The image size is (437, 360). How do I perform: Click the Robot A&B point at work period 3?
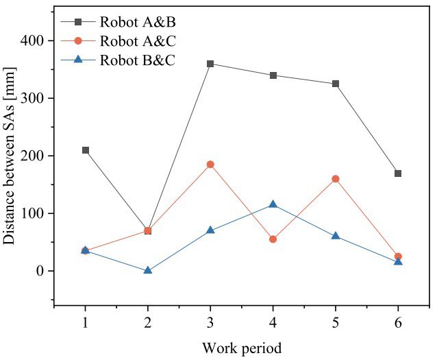coord(210,64)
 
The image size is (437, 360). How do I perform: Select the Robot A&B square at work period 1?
coord(85,150)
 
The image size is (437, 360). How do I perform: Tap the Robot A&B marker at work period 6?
coord(398,173)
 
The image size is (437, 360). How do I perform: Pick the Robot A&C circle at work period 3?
coord(210,165)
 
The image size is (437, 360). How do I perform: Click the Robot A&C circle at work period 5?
coord(336,179)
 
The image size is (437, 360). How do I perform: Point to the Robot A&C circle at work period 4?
coord(273,239)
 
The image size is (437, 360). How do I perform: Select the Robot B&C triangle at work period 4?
coord(273,204)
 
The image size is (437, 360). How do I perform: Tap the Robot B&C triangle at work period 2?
coord(147,270)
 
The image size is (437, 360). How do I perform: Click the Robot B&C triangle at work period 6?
coord(398,261)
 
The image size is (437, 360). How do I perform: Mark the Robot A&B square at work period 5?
coord(336,84)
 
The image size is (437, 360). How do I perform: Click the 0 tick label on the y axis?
coord(40,271)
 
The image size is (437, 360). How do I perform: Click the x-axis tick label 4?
coord(273,321)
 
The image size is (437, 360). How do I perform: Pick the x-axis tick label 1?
coord(85,321)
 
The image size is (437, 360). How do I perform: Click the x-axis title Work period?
coord(241,348)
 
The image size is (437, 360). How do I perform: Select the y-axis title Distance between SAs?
coord(10,155)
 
